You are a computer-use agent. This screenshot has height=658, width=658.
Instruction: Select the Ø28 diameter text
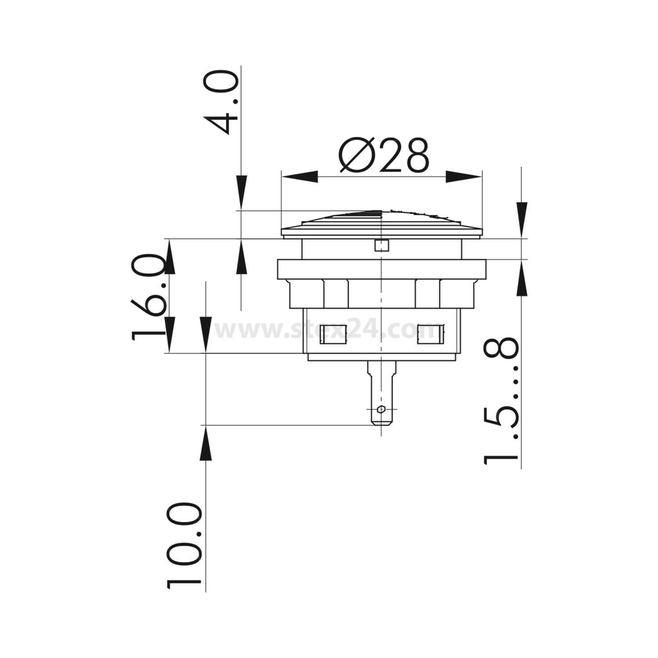click(x=383, y=156)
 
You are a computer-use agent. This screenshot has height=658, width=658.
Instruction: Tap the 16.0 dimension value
click(x=148, y=297)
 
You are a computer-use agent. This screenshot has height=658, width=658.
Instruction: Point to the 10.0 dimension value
click(x=184, y=546)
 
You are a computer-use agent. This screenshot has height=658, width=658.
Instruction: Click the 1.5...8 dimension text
click(x=501, y=402)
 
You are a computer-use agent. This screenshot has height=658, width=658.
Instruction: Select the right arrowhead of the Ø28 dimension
click(x=463, y=177)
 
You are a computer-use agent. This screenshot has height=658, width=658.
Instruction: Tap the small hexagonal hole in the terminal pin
click(x=381, y=410)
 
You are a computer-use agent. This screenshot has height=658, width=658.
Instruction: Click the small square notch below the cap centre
click(x=381, y=246)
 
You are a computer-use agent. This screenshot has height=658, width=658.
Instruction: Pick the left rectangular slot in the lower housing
click(x=333, y=334)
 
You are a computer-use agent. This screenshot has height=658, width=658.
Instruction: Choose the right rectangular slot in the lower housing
click(x=430, y=334)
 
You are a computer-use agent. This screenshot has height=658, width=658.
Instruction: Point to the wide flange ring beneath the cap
click(x=381, y=269)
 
